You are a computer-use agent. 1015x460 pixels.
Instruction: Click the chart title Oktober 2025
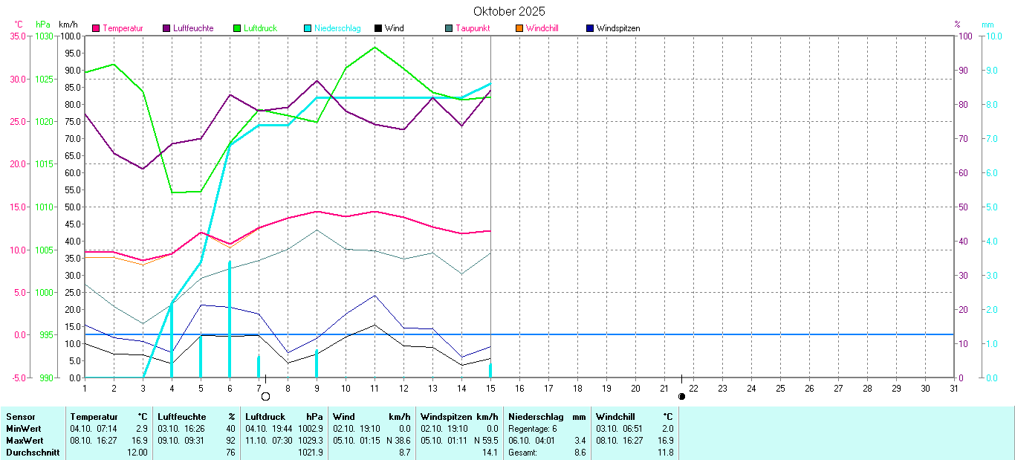(x=509, y=11)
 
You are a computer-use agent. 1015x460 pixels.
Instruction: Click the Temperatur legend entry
(x=123, y=28)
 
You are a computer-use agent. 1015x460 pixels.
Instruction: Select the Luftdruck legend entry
(x=259, y=28)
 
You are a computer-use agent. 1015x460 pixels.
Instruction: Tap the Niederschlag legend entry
(x=337, y=28)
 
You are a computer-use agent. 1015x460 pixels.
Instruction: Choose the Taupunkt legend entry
(x=476, y=28)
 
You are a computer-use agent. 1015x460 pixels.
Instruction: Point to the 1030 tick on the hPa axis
(x=45, y=36)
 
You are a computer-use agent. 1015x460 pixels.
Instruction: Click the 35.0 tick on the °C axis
(x=16, y=36)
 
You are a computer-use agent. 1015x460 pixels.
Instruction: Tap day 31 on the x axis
(x=954, y=388)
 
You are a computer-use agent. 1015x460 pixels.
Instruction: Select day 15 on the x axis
(x=490, y=388)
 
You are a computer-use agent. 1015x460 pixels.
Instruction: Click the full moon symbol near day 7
(x=265, y=396)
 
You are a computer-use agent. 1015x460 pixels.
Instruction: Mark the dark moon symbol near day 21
(x=681, y=396)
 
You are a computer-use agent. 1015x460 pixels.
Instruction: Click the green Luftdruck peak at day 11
(x=374, y=48)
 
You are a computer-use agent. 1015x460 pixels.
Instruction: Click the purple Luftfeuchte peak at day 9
(x=317, y=80)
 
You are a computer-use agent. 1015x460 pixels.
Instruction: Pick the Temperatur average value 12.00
(x=136, y=453)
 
